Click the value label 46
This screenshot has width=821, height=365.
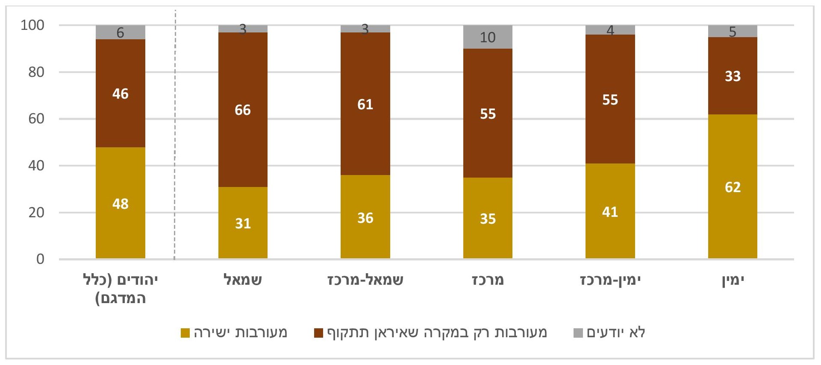click(x=121, y=93)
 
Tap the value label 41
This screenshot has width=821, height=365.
click(x=610, y=212)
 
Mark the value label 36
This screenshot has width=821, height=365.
click(x=365, y=218)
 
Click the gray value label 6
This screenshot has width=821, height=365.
click(x=121, y=32)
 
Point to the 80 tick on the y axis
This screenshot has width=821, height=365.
click(x=36, y=72)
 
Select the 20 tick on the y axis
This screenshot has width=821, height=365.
click(x=36, y=213)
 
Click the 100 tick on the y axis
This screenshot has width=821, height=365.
click(x=32, y=25)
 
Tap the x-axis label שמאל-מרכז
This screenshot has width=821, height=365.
click(x=365, y=280)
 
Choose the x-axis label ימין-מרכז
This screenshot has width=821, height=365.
click(x=610, y=280)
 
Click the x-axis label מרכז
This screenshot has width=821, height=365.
click(x=488, y=280)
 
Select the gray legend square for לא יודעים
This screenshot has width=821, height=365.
click(x=578, y=333)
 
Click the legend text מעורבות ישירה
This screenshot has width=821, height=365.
click(x=240, y=333)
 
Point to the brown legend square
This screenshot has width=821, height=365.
click(x=318, y=333)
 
